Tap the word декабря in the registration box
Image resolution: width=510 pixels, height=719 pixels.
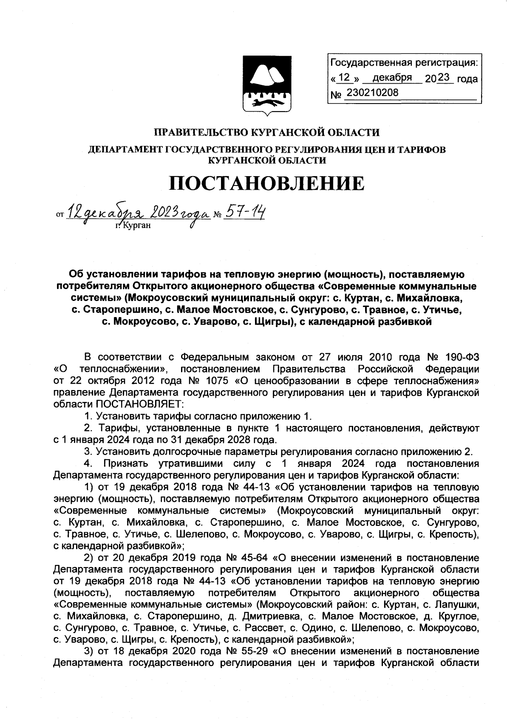pyautogui.click(x=392, y=78)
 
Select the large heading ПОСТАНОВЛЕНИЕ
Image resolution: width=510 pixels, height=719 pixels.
pyautogui.click(x=266, y=184)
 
